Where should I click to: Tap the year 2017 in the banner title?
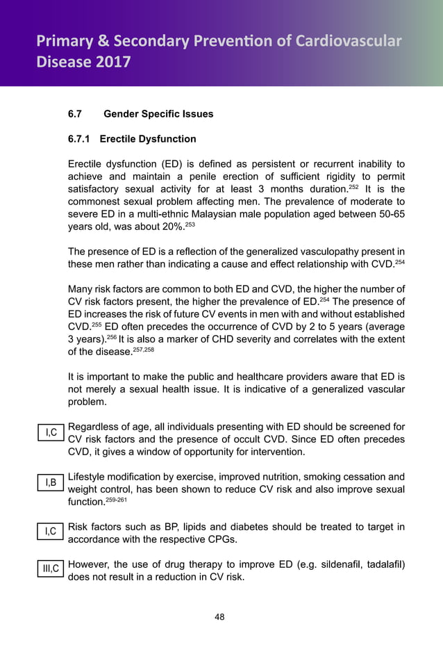(110, 63)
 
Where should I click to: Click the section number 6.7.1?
(80, 139)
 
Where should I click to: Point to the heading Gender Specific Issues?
(158, 113)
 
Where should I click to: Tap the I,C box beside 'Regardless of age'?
(51, 433)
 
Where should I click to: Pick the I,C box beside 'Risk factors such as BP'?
(51, 532)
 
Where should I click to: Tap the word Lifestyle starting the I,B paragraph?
(88, 477)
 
